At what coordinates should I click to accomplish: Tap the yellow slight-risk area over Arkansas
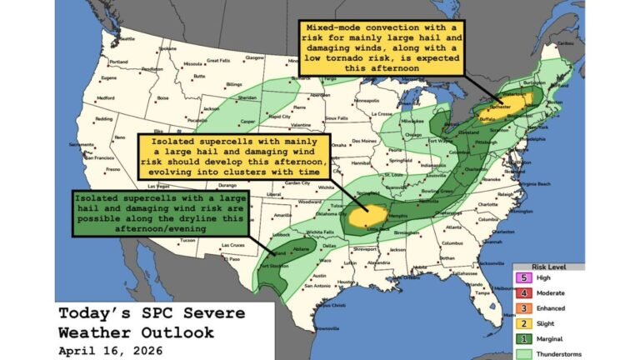[366, 216]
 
